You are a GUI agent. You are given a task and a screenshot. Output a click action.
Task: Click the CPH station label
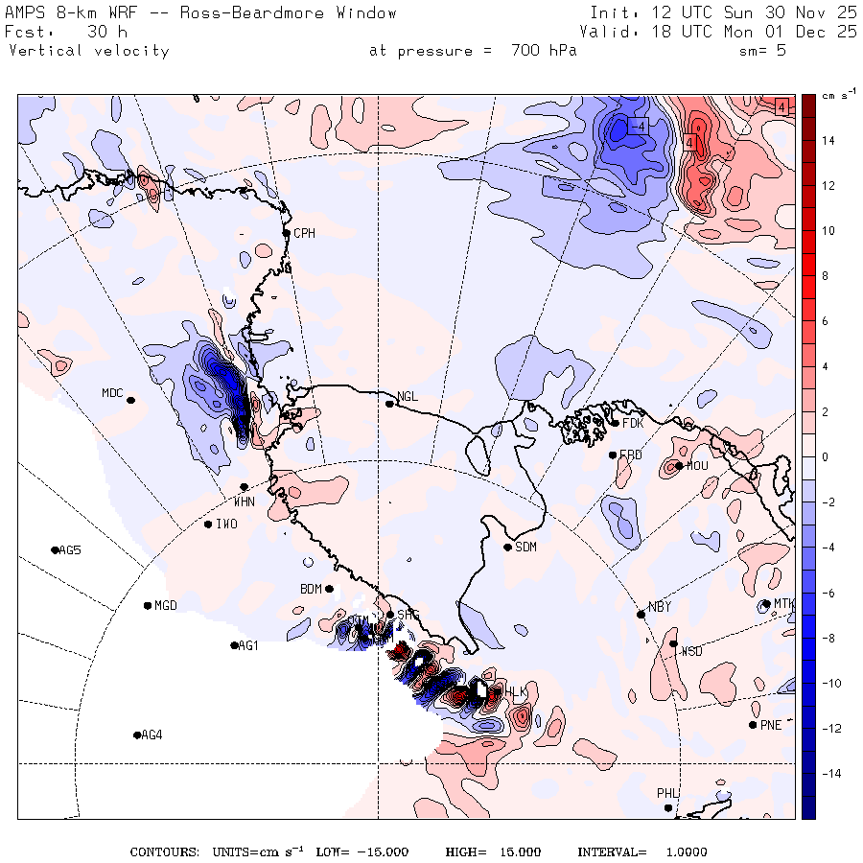(x=304, y=233)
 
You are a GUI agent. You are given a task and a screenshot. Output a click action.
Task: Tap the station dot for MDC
(x=130, y=400)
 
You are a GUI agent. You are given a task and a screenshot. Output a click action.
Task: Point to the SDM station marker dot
(x=507, y=548)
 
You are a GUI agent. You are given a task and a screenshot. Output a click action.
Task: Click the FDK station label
(x=633, y=423)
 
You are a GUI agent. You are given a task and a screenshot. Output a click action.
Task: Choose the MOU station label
(x=697, y=466)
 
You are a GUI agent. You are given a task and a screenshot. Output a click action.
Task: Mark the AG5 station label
(x=70, y=550)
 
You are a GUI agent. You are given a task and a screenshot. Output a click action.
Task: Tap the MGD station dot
(x=148, y=605)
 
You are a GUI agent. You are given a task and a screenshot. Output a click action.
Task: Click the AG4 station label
(x=152, y=735)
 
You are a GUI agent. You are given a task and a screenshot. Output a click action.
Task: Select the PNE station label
(x=771, y=725)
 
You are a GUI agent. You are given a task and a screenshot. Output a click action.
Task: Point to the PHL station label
(x=667, y=793)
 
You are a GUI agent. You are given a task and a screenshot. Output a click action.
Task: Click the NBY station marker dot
(x=641, y=614)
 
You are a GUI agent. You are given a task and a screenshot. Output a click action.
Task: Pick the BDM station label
(x=311, y=589)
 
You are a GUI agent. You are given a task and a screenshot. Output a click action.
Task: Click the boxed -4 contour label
(x=639, y=125)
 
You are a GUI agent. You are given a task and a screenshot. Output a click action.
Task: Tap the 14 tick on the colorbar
(x=827, y=141)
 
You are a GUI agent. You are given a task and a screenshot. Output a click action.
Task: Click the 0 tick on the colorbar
(x=826, y=457)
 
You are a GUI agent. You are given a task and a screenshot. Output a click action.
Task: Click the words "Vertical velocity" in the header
(x=88, y=51)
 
